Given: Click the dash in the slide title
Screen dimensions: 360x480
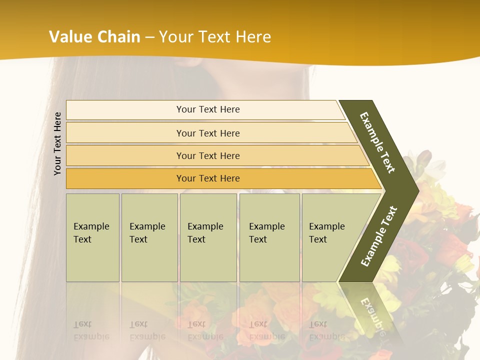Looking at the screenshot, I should click(149, 37).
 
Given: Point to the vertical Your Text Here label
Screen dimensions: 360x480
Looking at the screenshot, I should click(57, 143).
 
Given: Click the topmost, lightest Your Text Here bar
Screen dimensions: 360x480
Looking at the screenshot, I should click(208, 109).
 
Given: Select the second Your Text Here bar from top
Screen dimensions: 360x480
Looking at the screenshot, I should click(208, 133).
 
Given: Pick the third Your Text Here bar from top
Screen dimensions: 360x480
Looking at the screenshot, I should click(208, 156).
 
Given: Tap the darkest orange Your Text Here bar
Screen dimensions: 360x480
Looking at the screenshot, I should click(208, 178).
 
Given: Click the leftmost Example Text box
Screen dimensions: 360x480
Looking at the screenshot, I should click(92, 237).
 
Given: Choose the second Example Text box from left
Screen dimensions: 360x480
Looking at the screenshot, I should click(149, 237).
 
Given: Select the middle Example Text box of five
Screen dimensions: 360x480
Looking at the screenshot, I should click(208, 237).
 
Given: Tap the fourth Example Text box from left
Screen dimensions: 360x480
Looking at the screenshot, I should click(269, 237).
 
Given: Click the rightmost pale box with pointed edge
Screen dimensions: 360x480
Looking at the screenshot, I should click(330, 237).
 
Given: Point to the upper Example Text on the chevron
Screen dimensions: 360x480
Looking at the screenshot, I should click(377, 142).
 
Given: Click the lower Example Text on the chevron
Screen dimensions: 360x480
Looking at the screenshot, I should click(379, 236).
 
